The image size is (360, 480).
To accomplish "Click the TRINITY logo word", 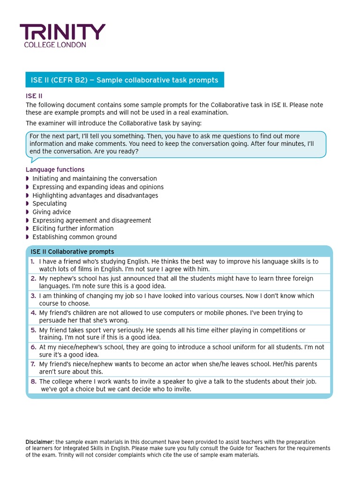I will click(x=62, y=32).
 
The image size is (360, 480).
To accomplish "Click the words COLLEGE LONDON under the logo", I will click(x=55, y=45).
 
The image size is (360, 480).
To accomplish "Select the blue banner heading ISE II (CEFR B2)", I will click(x=124, y=80).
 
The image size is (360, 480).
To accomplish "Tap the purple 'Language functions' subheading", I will click(x=55, y=170).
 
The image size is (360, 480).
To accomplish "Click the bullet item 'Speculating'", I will click(x=49, y=203).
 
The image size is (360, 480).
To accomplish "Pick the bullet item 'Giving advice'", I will click(x=52, y=212).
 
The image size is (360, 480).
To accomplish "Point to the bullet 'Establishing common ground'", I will click(x=75, y=237).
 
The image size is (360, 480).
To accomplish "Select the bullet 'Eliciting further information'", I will click(x=73, y=228).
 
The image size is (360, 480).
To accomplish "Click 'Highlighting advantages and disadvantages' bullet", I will click(x=95, y=195).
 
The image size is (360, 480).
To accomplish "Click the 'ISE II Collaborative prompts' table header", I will click(x=72, y=252).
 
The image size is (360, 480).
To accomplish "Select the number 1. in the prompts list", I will click(x=33, y=262).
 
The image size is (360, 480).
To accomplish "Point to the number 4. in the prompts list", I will click(x=33, y=313).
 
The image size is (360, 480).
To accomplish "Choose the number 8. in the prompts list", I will click(x=33, y=382).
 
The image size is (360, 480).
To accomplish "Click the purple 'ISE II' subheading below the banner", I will click(x=34, y=96).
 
